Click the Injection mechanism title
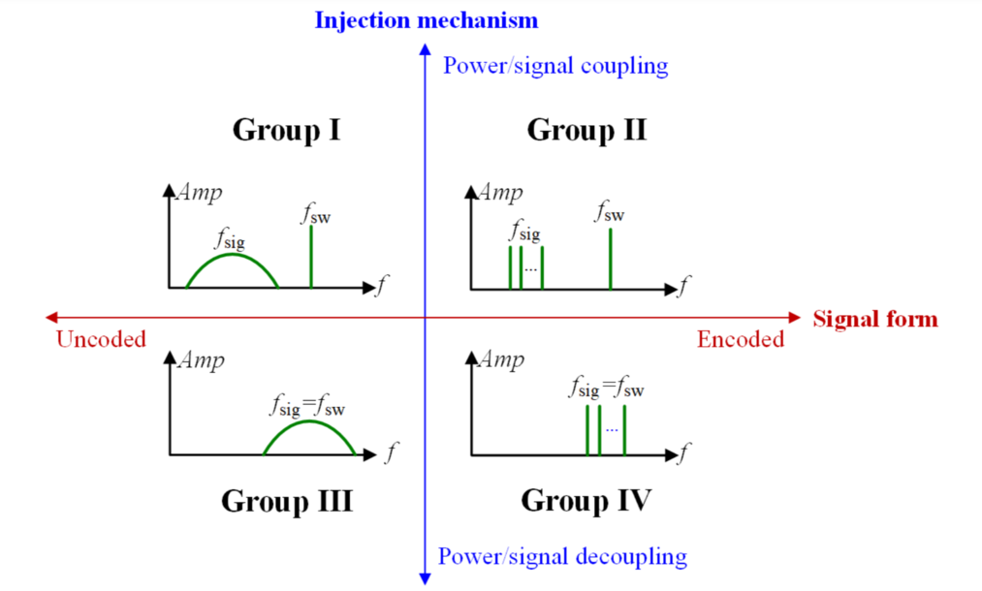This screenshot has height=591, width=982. tap(426, 19)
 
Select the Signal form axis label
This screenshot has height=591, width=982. tap(875, 318)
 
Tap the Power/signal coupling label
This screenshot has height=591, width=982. tap(555, 66)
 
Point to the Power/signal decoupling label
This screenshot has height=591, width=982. tap(562, 556)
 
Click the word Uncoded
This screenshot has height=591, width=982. tap(101, 339)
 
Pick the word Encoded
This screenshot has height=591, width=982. tap(741, 339)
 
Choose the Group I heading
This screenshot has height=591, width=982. tap(286, 130)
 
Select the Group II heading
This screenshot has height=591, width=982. tap(586, 130)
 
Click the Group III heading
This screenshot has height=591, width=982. tap(286, 501)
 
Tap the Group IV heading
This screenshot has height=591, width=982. tap(586, 501)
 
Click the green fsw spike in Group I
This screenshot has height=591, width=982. tap(311, 258)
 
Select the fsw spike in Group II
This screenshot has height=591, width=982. tap(610, 258)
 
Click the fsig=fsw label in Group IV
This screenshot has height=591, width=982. tap(607, 389)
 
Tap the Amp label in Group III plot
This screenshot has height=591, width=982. tap(201, 360)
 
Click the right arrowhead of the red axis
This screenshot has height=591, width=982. tap(795, 317)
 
